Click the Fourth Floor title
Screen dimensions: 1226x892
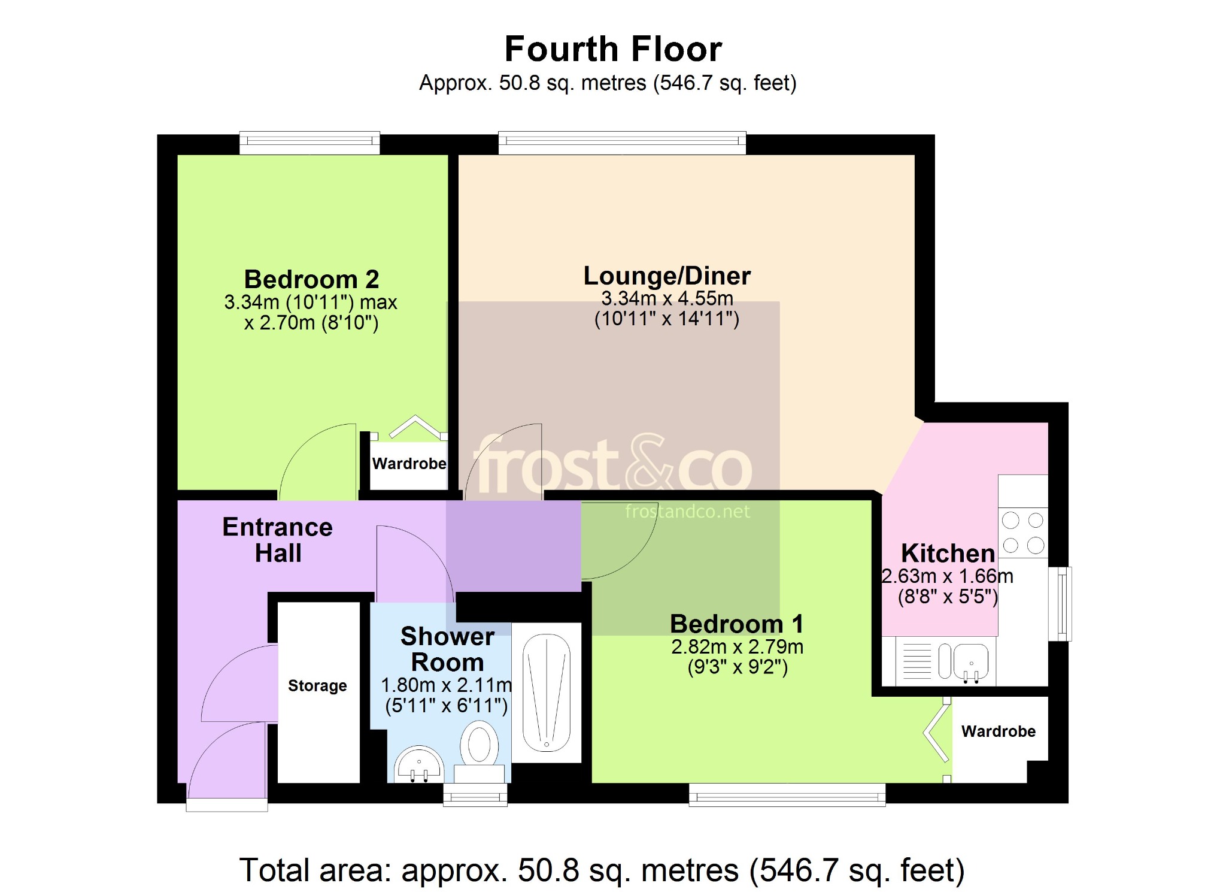[x=613, y=49]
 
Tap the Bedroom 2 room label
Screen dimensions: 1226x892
[x=311, y=279]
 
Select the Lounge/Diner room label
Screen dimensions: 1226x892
[x=667, y=276]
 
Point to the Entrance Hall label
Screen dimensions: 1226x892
[x=278, y=540]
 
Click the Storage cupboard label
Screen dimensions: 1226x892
[x=317, y=685]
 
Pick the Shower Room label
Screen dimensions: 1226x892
[x=447, y=649]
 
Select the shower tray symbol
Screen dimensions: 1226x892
[x=547, y=693]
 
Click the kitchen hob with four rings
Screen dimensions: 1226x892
[x=1023, y=533]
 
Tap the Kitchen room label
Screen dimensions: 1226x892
[x=948, y=553]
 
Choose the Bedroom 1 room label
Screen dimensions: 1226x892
[x=737, y=624]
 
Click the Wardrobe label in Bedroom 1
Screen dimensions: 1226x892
[x=999, y=731]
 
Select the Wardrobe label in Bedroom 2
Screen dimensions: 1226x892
[x=409, y=464]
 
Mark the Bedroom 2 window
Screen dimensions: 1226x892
[x=309, y=143]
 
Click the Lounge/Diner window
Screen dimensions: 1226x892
[x=622, y=143]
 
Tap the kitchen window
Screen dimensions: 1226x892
[x=1060, y=604]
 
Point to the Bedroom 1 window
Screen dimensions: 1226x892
[x=787, y=795]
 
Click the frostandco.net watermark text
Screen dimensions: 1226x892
[x=687, y=511]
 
